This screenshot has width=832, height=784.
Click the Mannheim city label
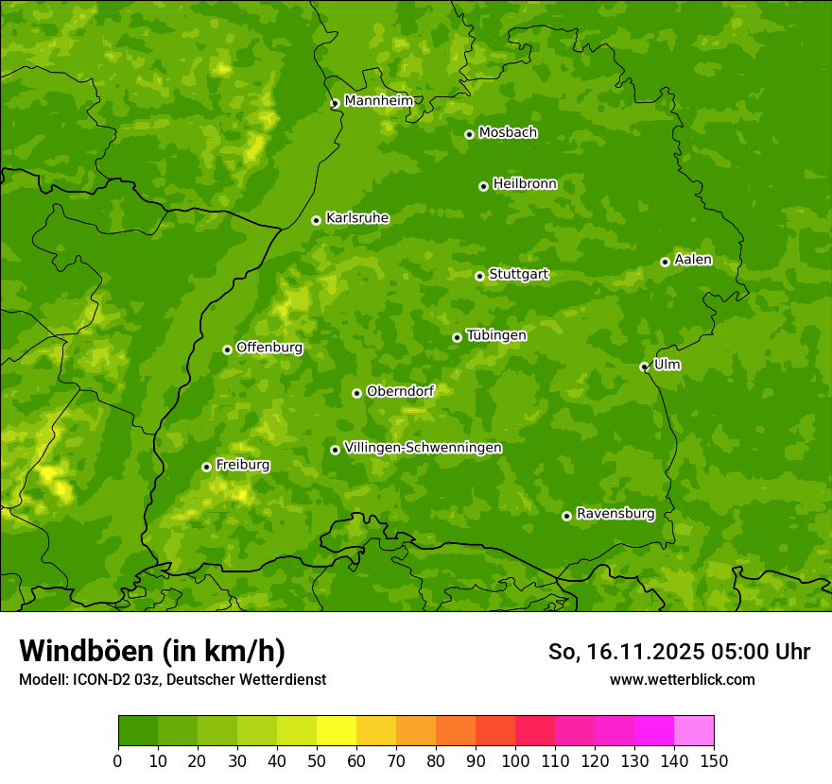click(x=378, y=101)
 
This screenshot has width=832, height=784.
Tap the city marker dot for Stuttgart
click(x=479, y=276)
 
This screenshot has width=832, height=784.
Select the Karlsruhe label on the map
click(x=356, y=218)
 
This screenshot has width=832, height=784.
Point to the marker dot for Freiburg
click(x=206, y=467)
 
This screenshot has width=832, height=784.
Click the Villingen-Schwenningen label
click(x=423, y=448)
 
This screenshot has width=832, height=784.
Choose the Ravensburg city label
click(x=615, y=514)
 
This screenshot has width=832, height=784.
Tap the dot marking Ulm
click(x=644, y=366)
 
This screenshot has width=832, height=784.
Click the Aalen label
click(x=692, y=260)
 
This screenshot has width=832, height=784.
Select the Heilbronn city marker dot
click(x=483, y=186)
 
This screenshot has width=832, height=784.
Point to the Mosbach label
click(x=508, y=133)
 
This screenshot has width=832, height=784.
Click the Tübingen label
click(x=496, y=335)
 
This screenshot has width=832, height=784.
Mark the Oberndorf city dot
click(x=356, y=393)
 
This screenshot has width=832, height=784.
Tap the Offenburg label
click(x=269, y=348)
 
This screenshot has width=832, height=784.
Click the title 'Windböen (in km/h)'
click(x=152, y=651)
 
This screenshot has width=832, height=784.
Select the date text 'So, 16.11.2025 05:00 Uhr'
click(x=679, y=652)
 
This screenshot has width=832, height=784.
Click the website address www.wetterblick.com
click(x=682, y=679)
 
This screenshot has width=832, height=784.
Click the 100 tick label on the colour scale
click(x=515, y=760)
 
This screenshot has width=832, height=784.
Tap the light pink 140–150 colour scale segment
click(x=694, y=731)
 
